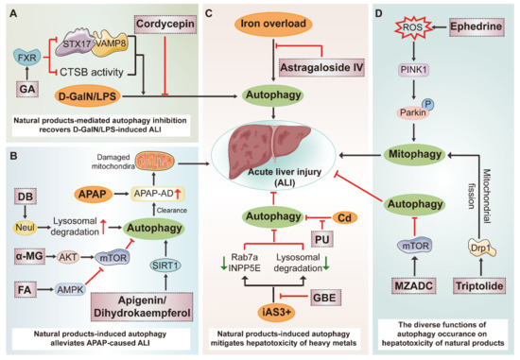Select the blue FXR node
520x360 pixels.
[x=26, y=57]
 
